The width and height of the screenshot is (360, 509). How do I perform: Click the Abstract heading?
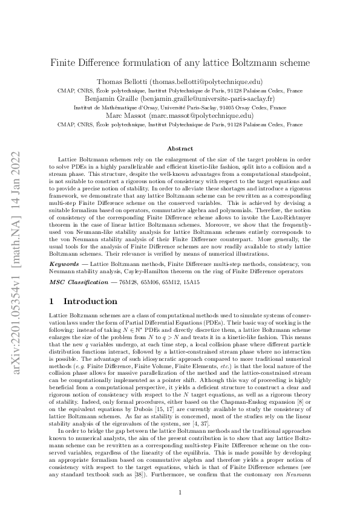(180, 148)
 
